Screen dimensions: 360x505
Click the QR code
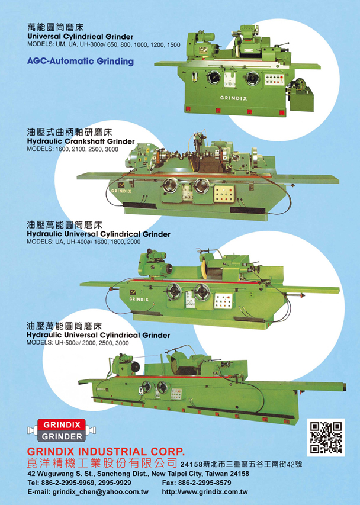point(326,437)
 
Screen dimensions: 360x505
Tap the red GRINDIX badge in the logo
point(62,425)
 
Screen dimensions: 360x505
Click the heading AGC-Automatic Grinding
point(80,61)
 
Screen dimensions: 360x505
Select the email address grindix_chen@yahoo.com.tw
point(101,492)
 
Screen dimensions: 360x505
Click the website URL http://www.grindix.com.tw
point(205,492)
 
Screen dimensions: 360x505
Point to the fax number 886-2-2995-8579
point(204,483)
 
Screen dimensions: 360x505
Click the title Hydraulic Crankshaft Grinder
point(81,141)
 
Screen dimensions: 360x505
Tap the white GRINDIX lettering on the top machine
point(233,98)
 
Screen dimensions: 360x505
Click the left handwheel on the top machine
point(214,78)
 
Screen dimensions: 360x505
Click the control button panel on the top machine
point(274,79)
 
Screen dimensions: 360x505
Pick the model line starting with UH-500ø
point(78,343)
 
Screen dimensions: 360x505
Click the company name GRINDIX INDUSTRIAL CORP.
point(106,452)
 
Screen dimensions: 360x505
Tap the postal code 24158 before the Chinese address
point(191,464)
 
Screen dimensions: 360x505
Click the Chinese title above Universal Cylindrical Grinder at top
point(56,27)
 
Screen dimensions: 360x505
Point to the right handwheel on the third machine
point(202,292)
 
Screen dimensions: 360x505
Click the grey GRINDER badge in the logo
point(62,437)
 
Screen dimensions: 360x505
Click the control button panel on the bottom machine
point(176,394)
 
